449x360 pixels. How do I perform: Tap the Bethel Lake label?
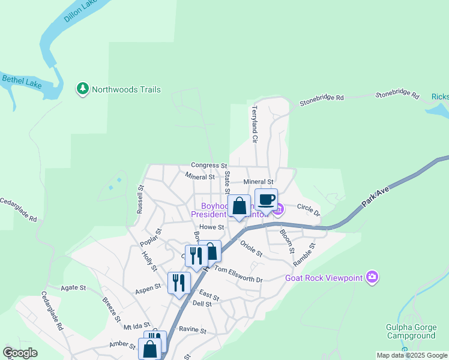coord(22,81)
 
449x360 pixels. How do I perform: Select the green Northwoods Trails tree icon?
coord(83,89)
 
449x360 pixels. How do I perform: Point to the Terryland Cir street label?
coord(255,124)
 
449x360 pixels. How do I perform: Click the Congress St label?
coord(209,165)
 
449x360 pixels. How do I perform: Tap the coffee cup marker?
coord(266,199)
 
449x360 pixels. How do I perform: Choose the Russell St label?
coord(140,200)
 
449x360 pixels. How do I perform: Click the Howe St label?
coord(212,227)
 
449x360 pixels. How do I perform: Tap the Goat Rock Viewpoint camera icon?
coord(372,277)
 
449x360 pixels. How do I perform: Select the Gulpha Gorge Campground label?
coord(411,332)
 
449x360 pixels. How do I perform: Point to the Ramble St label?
coord(304,255)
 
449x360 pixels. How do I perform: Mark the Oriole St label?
coord(251,248)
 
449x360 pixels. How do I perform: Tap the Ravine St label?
coord(192,331)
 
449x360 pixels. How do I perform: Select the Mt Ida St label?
coord(135,327)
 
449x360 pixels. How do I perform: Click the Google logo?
coord(20,353)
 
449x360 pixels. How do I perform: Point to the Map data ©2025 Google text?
coord(411,355)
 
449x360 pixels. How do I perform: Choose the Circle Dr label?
coord(309,210)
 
